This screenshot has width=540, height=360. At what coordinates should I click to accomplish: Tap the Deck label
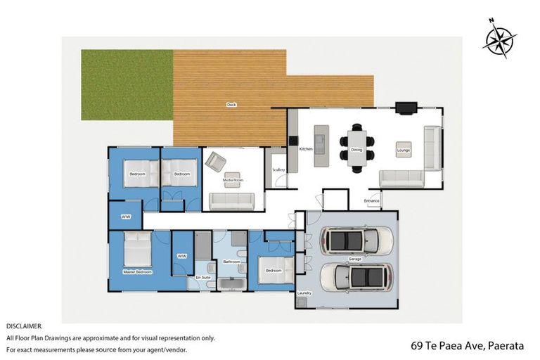click(x=231, y=105)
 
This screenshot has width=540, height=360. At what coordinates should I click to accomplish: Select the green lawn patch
click(x=127, y=84)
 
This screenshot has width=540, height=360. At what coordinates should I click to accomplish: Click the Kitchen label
click(x=306, y=150)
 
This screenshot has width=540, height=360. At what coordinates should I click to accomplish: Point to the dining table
click(x=356, y=148)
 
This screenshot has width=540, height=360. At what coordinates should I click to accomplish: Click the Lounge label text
click(x=403, y=150)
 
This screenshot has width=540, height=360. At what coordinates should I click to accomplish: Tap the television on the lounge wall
click(x=406, y=108)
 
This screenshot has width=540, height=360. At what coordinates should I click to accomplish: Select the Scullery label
click(x=278, y=169)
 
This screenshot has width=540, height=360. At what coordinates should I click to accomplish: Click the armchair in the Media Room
click(x=215, y=162)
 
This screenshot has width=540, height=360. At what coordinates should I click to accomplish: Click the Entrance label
click(x=371, y=201)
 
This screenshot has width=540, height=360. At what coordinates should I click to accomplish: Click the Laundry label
click(x=304, y=292)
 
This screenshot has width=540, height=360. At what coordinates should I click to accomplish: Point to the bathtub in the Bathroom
click(x=231, y=283)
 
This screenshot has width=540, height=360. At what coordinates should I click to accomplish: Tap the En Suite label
click(x=202, y=278)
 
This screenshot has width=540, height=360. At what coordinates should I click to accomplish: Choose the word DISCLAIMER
click(x=25, y=326)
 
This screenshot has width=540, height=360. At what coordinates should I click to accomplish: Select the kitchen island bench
click(x=321, y=146)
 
